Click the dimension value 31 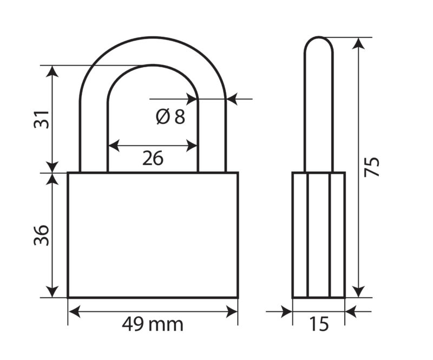pos(42,119)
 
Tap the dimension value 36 pos(42,235)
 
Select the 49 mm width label pos(153,324)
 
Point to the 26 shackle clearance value pos(153,158)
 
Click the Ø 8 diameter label pos(170,116)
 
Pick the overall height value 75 pos(372,167)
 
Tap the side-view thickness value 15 pos(319,324)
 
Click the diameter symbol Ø pos(163,116)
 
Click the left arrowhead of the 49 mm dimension pos(75,312)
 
